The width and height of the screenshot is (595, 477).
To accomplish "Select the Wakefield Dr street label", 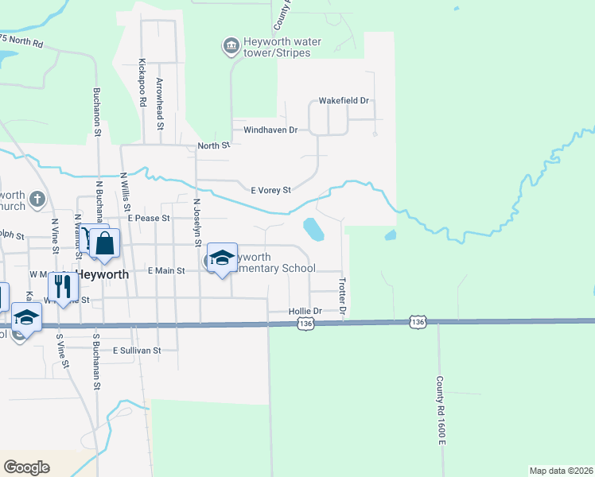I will point(344,101).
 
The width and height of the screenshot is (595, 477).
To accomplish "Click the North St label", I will point(213,145).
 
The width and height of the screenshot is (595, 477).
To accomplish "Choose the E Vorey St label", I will point(271,190).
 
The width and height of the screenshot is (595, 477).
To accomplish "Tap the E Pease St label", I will point(149,217).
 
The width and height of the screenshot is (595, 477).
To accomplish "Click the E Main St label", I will point(166,270).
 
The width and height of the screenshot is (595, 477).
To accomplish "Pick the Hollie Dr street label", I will point(305,311).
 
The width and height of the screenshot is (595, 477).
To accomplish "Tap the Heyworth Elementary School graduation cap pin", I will point(222,258).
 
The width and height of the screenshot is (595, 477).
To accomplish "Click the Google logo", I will point(26,467).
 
